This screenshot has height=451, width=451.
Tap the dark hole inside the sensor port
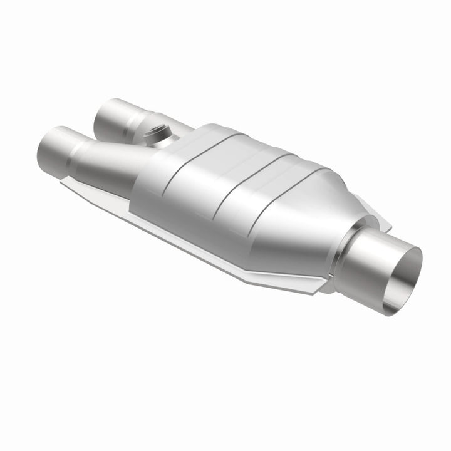point(155,130)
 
